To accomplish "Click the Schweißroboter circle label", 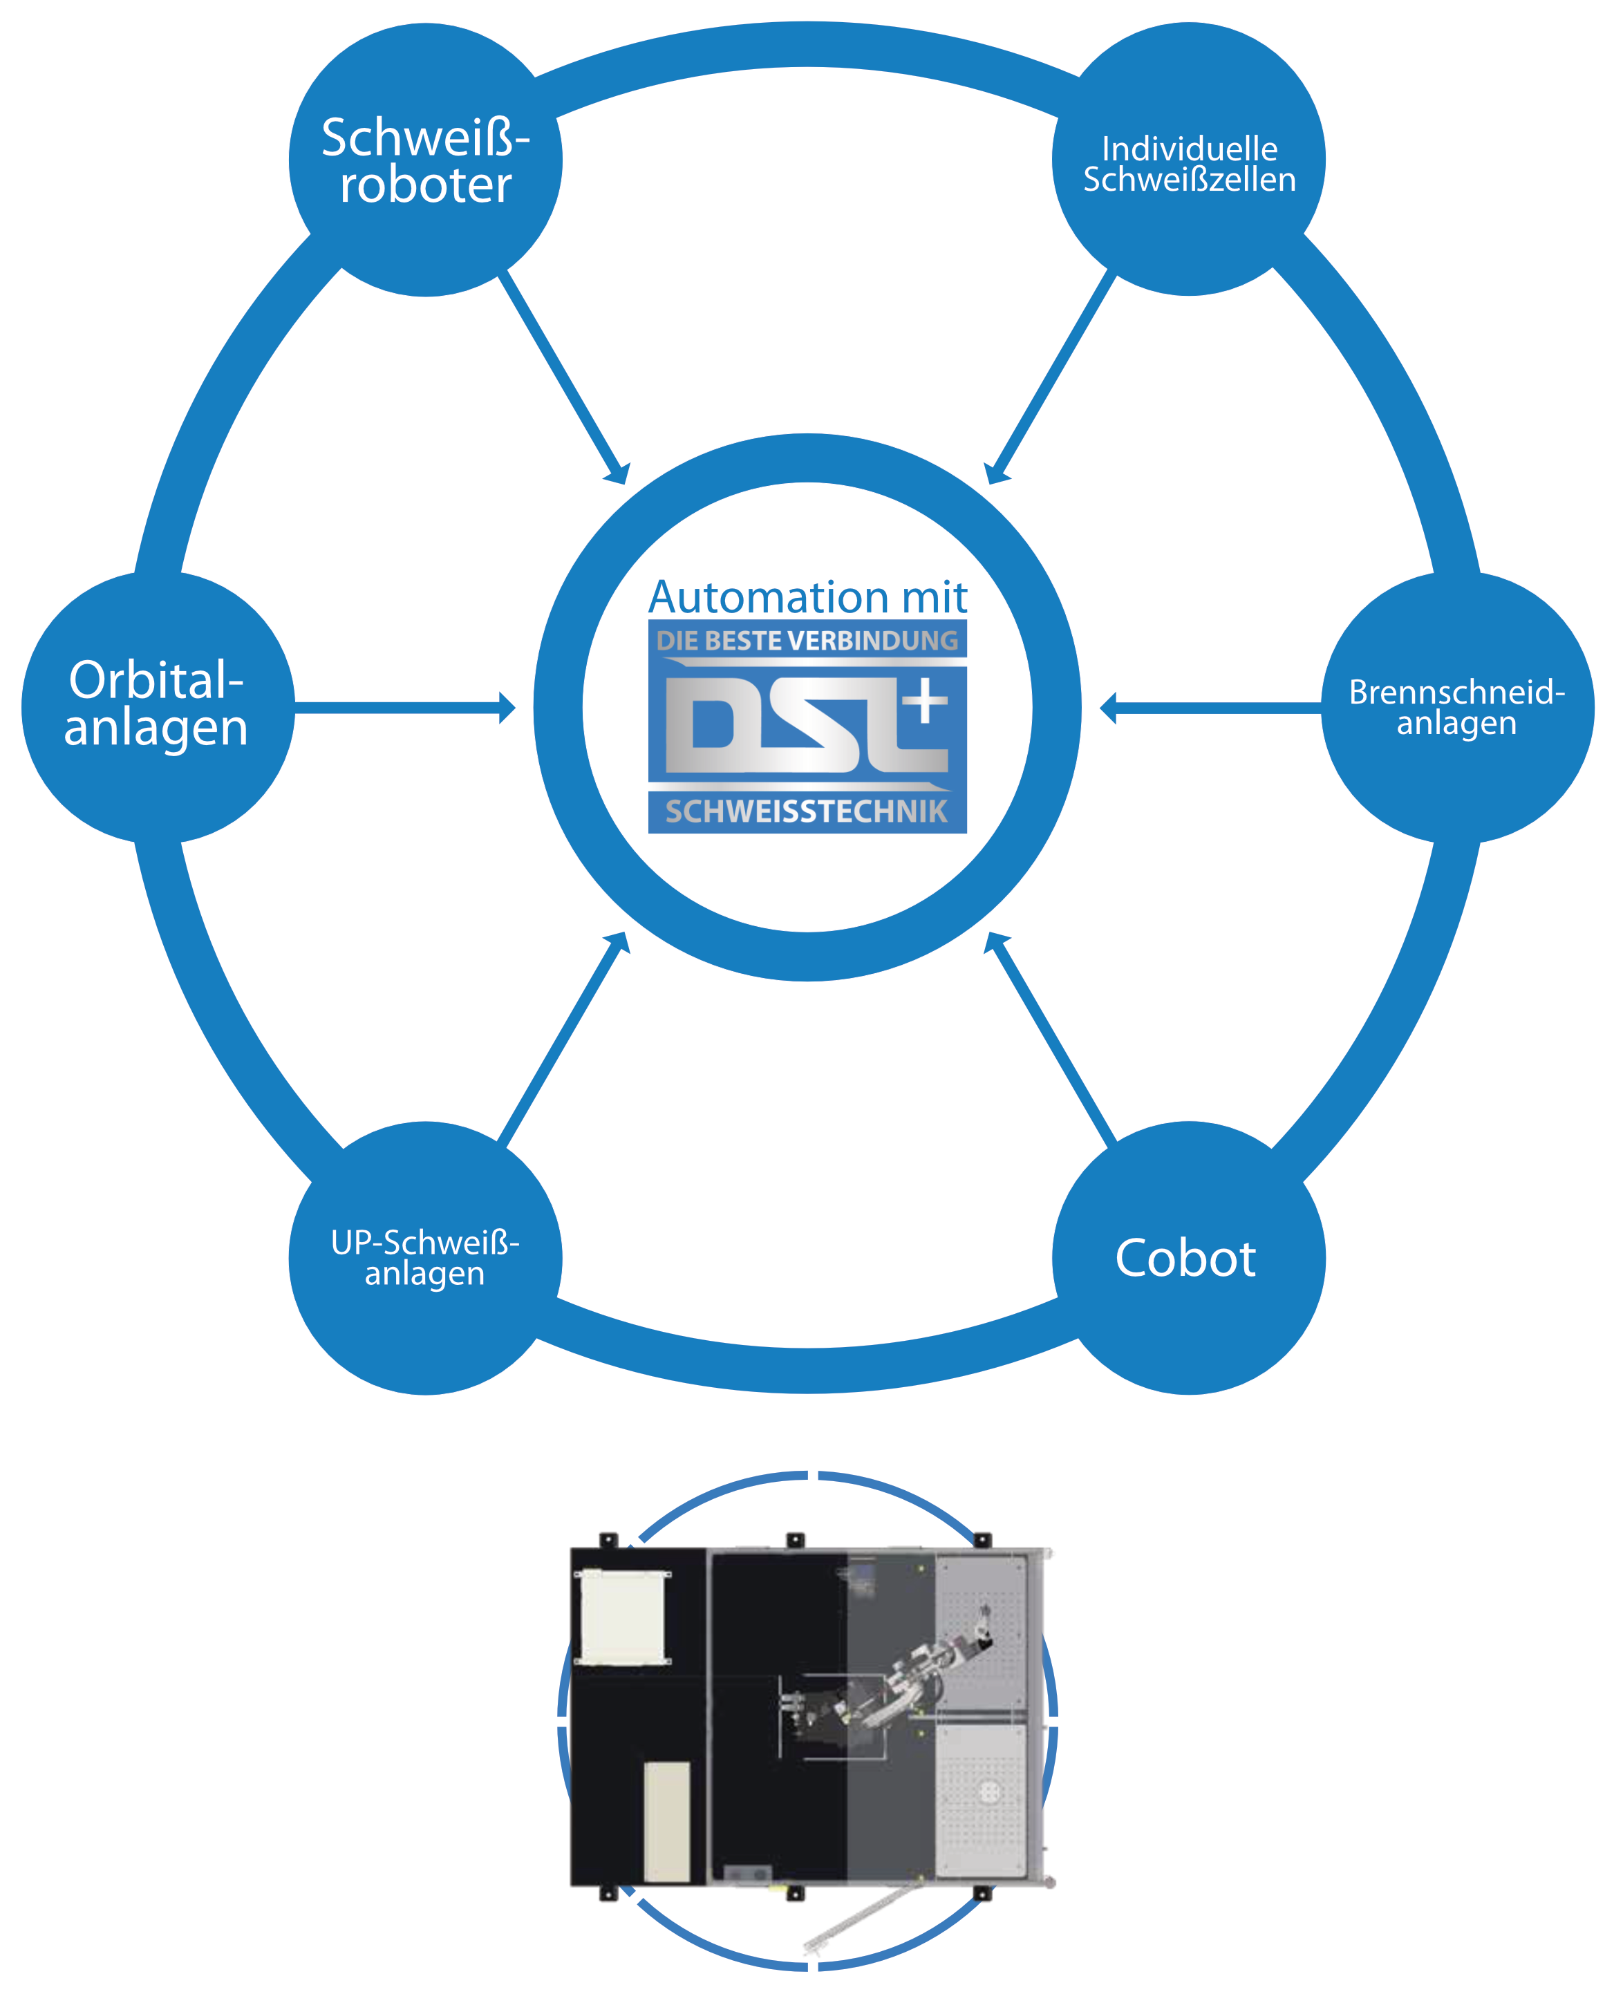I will click(425, 160).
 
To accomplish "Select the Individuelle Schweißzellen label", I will click(1189, 164).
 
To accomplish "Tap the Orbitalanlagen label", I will click(156, 704).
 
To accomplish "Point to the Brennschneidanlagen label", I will click(1457, 708).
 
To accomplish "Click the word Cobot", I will click(1185, 1259).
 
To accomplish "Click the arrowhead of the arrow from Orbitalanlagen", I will click(507, 708).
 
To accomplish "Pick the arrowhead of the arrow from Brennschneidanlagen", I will click(1108, 708).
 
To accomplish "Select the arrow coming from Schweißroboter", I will click(563, 377).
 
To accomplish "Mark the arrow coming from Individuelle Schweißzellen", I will click(1051, 377).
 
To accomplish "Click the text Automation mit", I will click(807, 596).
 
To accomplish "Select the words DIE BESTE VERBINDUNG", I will click(807, 641).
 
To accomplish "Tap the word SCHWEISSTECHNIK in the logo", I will click(807, 811).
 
